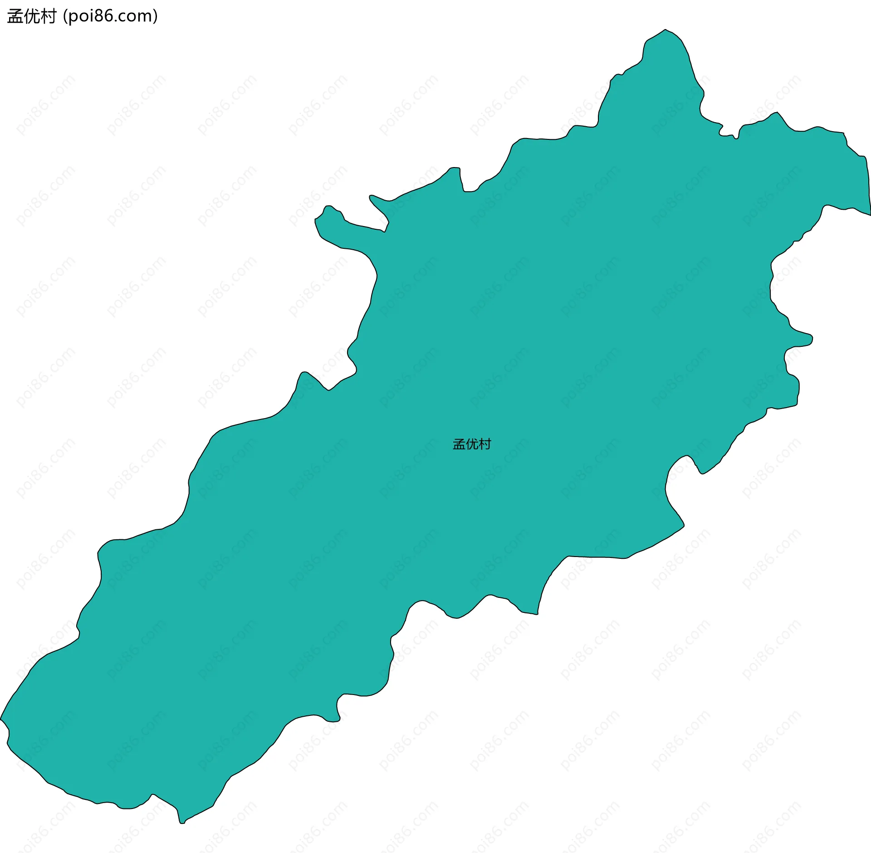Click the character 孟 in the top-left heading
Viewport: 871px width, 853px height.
pyautogui.click(x=15, y=16)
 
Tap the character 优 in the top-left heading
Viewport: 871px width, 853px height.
pyautogui.click(x=32, y=16)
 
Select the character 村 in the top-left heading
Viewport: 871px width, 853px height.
pyautogui.click(x=48, y=16)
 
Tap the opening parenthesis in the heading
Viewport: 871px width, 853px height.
pyautogui.click(x=65, y=16)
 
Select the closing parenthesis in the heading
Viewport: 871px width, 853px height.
pyautogui.click(x=156, y=16)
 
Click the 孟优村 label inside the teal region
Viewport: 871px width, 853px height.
pyautogui.click(x=472, y=444)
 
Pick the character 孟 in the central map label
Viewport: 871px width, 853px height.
pyautogui.click(x=459, y=444)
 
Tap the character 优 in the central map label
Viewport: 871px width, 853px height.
pyautogui.click(x=472, y=444)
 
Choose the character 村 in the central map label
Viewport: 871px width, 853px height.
pyautogui.click(x=485, y=444)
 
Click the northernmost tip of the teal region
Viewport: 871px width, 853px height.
pyautogui.click(x=665, y=30)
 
